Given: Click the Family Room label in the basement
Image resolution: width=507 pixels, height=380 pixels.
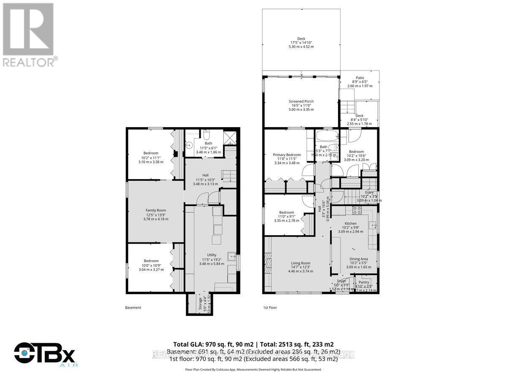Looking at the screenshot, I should (x=156, y=210).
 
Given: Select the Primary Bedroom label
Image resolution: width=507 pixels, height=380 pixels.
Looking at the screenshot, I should (x=287, y=155).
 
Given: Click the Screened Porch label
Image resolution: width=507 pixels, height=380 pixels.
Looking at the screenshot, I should (x=301, y=101).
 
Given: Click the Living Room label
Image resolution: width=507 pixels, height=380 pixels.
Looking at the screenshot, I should (x=300, y=263).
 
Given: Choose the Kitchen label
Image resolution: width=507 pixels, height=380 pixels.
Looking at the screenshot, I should (x=350, y=223).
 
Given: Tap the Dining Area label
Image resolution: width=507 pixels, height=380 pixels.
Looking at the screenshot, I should (x=358, y=259).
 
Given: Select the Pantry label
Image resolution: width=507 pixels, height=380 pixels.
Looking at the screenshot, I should (x=364, y=282).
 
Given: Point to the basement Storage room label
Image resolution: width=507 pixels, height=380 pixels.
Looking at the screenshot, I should (x=200, y=304).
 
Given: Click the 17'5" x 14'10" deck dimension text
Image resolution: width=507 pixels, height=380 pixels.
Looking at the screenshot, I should (x=301, y=43).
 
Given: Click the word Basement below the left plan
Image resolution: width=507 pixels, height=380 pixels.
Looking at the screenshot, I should (x=133, y=308).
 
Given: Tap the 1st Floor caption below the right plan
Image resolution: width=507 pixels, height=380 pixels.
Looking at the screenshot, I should (x=270, y=308).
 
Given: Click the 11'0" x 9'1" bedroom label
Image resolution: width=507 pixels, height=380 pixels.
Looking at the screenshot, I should (x=286, y=212).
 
